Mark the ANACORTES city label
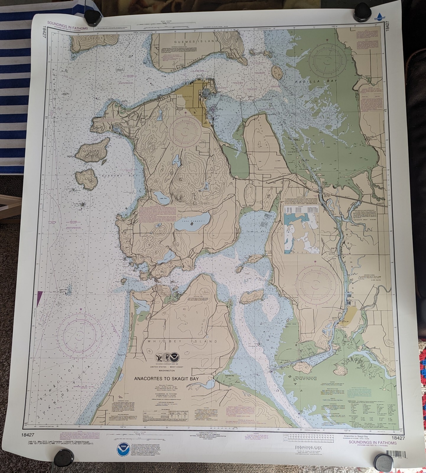[x=185, y=97]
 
